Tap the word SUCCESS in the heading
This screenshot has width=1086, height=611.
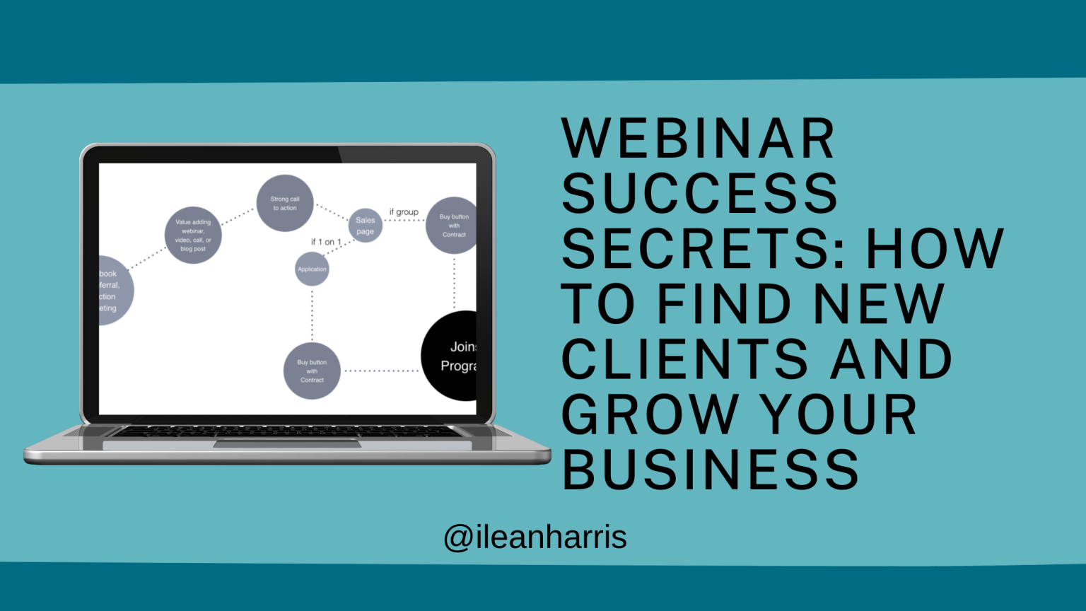[x=699, y=193]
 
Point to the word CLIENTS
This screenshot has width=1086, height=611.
[x=684, y=359]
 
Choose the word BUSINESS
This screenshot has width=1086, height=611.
[x=710, y=469]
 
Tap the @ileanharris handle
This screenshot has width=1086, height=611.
[x=535, y=537]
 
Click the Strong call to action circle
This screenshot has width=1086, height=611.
[x=285, y=204]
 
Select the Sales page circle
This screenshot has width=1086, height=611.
[x=365, y=226]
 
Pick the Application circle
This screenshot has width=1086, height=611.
[x=312, y=269]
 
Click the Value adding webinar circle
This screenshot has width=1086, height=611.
[x=193, y=235]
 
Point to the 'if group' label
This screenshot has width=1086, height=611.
[x=404, y=212]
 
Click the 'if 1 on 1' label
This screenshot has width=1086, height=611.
[x=326, y=242]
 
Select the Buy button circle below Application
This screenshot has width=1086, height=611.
[x=312, y=371]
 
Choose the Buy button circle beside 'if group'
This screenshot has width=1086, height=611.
[x=452, y=226]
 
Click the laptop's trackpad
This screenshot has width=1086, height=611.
[x=287, y=443]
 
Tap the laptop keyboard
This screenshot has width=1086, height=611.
[x=286, y=431]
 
